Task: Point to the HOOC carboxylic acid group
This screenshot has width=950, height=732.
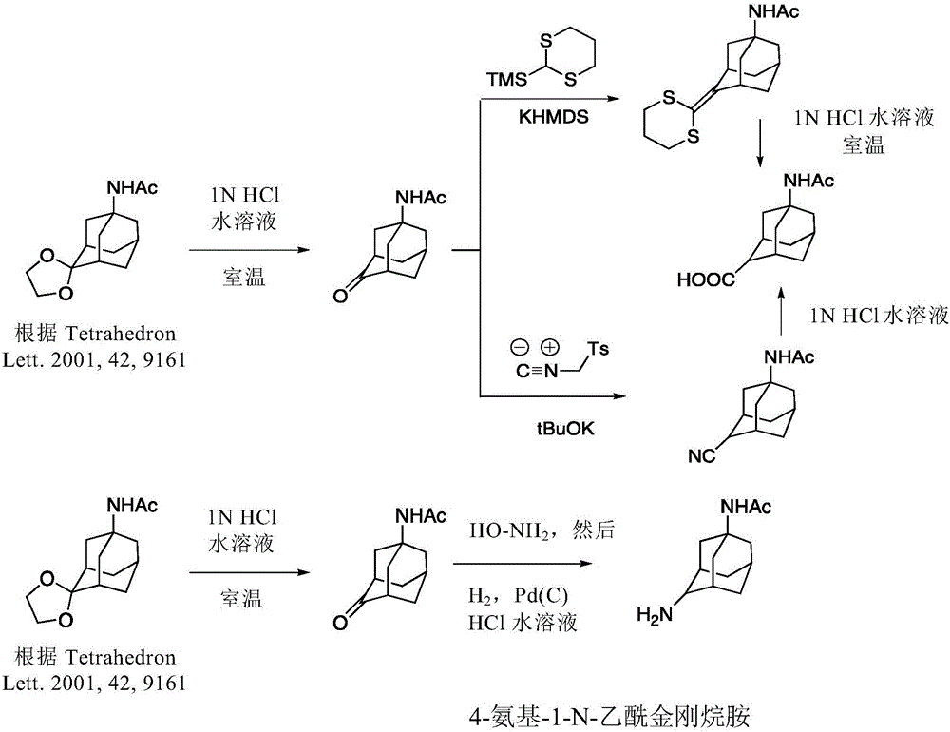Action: (x=706, y=279)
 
